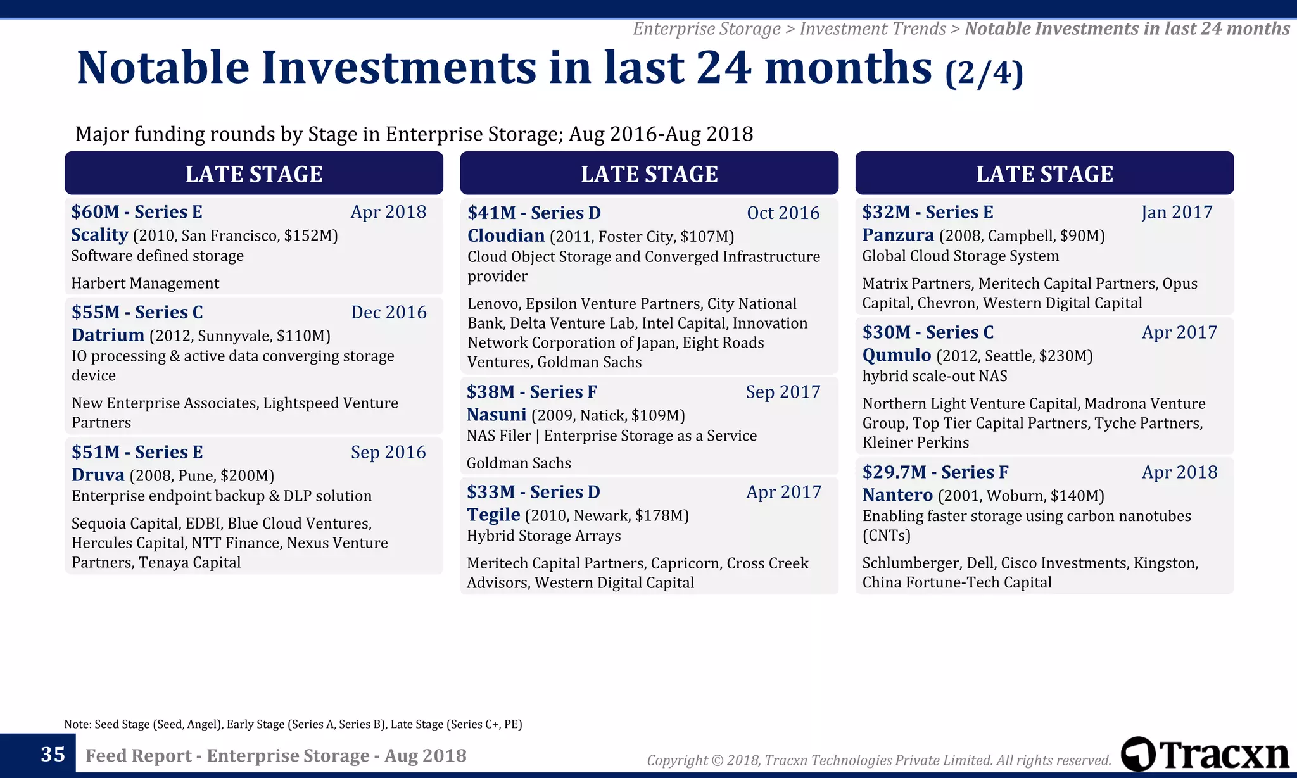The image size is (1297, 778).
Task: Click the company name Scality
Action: point(99,235)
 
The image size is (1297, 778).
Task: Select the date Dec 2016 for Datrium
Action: point(388,313)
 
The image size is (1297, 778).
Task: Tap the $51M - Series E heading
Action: point(137,452)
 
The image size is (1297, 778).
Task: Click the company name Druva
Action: point(98,475)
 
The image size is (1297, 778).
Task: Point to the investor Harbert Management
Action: point(145,284)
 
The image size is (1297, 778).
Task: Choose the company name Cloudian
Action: point(505,236)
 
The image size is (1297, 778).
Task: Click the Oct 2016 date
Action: point(783,213)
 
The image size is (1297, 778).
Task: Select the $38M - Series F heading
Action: point(531,392)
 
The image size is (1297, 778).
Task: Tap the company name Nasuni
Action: point(497,415)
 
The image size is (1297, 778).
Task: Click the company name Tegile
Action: point(493,515)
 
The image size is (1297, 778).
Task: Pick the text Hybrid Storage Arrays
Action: point(543,536)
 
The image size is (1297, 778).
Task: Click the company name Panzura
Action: point(897,235)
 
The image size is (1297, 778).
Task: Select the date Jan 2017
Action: point(1176,213)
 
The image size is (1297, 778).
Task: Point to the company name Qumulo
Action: point(896,355)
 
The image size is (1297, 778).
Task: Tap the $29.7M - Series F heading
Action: point(935,472)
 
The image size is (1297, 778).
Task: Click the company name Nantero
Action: point(897,495)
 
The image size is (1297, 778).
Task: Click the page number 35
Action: point(53,755)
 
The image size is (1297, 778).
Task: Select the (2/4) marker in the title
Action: point(984,73)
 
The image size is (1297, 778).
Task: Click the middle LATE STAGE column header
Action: point(649,173)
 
